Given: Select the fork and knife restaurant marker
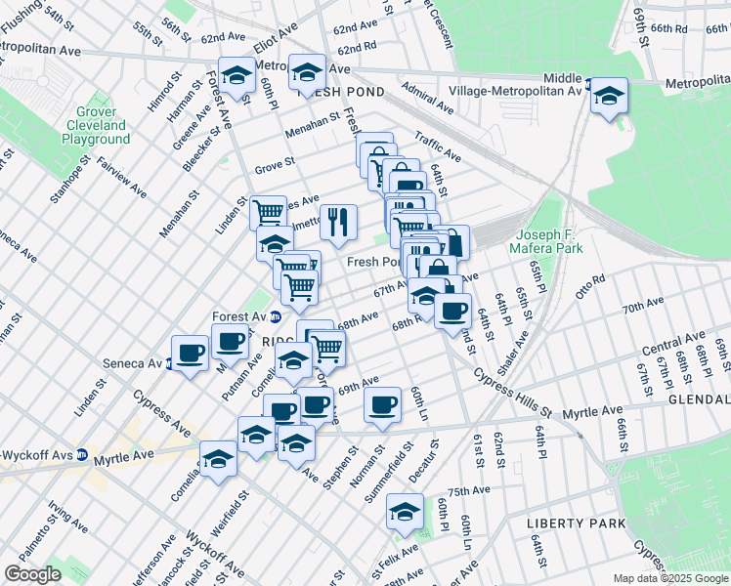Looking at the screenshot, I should click(x=338, y=222).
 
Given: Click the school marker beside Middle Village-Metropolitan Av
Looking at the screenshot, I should click(x=609, y=96).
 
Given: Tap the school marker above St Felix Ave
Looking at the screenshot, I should click(x=405, y=512).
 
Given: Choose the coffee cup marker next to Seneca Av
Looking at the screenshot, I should click(x=190, y=353).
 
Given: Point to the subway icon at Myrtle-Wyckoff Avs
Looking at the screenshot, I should click(x=84, y=455).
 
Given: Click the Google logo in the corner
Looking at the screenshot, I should click(x=32, y=574).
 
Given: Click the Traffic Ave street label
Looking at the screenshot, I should click(x=437, y=148).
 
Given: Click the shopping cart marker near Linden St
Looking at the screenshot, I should click(x=268, y=212).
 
